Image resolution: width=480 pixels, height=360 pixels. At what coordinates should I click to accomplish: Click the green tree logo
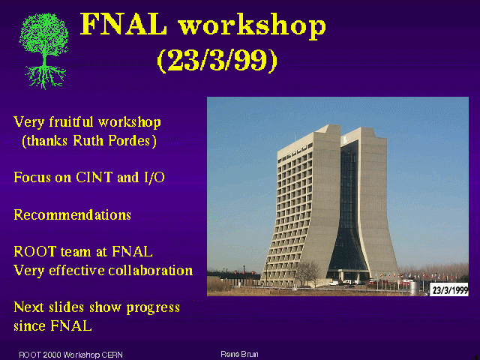click(x=43, y=51)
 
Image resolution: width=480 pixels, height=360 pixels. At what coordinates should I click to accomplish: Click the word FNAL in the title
click(x=124, y=25)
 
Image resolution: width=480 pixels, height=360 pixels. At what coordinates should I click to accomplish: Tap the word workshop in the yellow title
click(x=252, y=26)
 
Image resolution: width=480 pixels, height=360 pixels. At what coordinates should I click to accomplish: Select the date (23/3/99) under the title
click(x=217, y=60)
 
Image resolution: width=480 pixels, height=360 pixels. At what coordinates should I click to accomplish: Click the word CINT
click(x=94, y=177)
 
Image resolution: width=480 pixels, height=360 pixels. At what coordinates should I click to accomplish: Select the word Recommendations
click(x=73, y=214)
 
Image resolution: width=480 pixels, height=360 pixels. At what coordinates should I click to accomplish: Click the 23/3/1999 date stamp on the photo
click(x=449, y=290)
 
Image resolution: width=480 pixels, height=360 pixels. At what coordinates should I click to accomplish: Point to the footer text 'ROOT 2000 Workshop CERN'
click(x=70, y=355)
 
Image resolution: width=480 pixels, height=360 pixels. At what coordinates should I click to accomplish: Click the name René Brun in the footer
click(x=239, y=355)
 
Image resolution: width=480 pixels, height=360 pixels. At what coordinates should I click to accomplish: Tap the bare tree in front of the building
click(x=308, y=273)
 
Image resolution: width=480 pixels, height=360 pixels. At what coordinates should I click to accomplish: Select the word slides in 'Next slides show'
click(x=67, y=307)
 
